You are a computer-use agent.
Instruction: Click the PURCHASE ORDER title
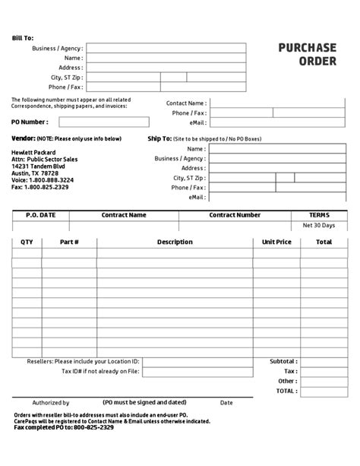click(x=307, y=54)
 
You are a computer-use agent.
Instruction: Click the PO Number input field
click(x=99, y=122)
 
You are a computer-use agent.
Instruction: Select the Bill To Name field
click(x=166, y=58)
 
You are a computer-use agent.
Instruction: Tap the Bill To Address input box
click(x=166, y=68)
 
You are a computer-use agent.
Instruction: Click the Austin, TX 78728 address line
click(x=35, y=173)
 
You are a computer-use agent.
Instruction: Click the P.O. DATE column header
click(x=40, y=215)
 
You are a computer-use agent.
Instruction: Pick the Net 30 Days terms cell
click(x=318, y=226)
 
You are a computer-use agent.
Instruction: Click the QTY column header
click(x=27, y=242)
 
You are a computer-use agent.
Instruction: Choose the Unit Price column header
click(x=276, y=242)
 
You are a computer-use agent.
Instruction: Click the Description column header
click(x=175, y=242)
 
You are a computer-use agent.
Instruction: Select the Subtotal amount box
click(x=323, y=361)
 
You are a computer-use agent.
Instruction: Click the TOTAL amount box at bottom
click(x=323, y=391)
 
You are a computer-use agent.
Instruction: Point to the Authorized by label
click(x=51, y=402)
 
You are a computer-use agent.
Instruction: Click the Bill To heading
click(x=23, y=37)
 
